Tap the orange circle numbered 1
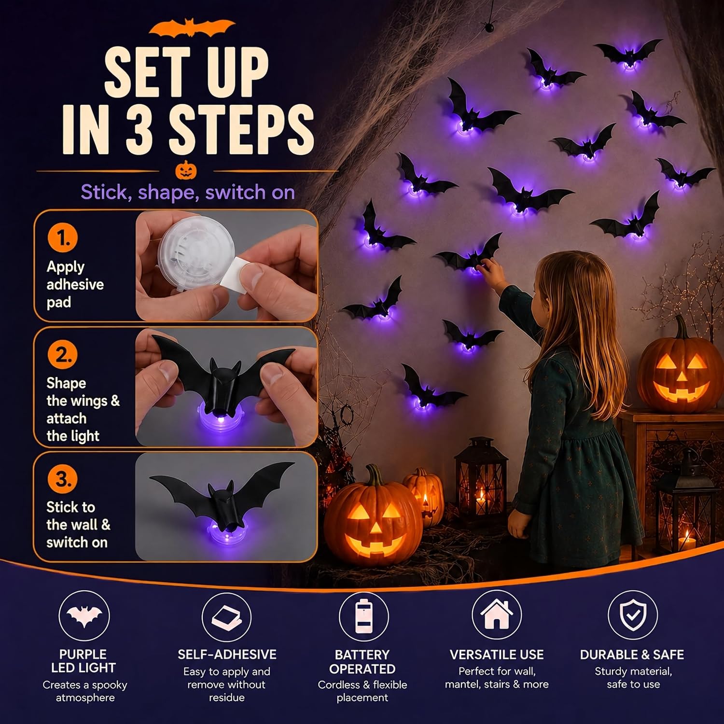coord(62,237)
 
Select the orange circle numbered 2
coord(62,354)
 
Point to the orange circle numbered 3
coord(62,478)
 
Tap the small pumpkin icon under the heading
coord(186,170)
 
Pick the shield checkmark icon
coord(633,614)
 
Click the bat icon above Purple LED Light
coord(84,615)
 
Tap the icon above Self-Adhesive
coord(226,617)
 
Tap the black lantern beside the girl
coord(481,478)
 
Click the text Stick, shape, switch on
coord(188,192)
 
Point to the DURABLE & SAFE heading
coord(632,654)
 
